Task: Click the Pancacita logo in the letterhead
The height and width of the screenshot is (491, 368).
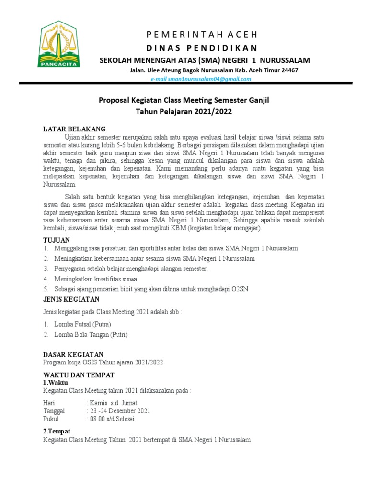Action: [x=59, y=44]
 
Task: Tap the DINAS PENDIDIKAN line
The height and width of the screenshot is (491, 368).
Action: [x=202, y=47]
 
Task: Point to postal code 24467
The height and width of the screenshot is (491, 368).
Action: [x=288, y=70]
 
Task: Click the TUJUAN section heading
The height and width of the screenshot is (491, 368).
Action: [x=57, y=239]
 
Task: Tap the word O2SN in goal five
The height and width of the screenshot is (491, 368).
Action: [x=240, y=289]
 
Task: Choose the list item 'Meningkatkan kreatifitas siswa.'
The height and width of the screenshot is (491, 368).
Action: [x=96, y=279]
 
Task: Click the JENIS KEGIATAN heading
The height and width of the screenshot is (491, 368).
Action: [x=72, y=299]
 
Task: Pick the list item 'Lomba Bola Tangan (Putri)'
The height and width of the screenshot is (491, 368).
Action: [x=91, y=335]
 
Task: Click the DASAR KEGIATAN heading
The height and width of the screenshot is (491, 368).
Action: [x=73, y=354]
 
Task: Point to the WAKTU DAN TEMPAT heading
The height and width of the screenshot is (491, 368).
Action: [x=79, y=374]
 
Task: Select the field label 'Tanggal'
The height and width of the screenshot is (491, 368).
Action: [x=54, y=411]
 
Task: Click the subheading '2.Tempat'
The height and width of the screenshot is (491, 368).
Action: [x=57, y=431]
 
